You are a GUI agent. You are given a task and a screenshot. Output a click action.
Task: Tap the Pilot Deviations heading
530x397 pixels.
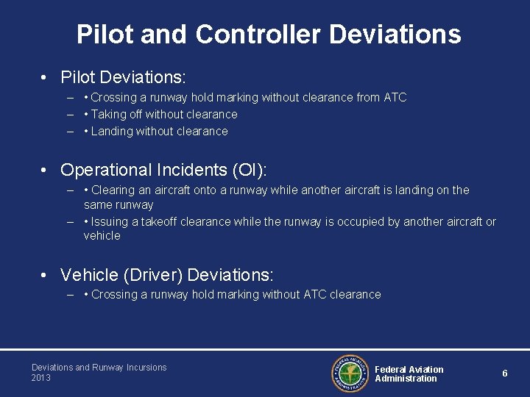pyautogui.click(x=123, y=76)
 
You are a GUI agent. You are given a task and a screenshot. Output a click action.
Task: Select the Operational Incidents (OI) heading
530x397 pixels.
pyautogui.click(x=163, y=170)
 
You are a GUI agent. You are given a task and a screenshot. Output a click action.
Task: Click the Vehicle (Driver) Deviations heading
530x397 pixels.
pyautogui.click(x=166, y=275)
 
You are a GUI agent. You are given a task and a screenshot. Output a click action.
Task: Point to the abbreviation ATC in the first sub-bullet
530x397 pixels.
pyautogui.click(x=395, y=97)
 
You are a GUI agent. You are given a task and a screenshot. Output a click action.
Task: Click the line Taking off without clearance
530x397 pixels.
pyautogui.click(x=163, y=114)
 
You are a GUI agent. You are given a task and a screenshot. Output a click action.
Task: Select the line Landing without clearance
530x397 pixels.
pyautogui.click(x=159, y=131)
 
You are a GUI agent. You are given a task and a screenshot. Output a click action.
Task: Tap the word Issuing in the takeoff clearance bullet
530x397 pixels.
pyautogui.click(x=109, y=221)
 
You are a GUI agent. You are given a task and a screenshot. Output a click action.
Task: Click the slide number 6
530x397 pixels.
pyautogui.click(x=505, y=373)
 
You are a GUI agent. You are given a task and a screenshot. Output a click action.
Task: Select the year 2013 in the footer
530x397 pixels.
pyautogui.click(x=41, y=378)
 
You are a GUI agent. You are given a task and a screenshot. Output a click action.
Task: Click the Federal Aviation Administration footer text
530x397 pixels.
pyautogui.click(x=409, y=374)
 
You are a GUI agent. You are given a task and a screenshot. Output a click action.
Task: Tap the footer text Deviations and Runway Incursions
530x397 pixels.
pyautogui.click(x=99, y=368)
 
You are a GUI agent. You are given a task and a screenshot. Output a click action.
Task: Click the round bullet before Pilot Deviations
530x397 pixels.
pyautogui.click(x=46, y=77)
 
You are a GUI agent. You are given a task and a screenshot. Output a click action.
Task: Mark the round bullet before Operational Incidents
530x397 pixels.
pyautogui.click(x=46, y=171)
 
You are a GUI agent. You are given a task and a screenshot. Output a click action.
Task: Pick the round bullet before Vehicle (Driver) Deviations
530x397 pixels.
pyautogui.click(x=46, y=276)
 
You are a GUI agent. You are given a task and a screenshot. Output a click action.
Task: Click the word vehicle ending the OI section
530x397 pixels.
pyautogui.click(x=102, y=236)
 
